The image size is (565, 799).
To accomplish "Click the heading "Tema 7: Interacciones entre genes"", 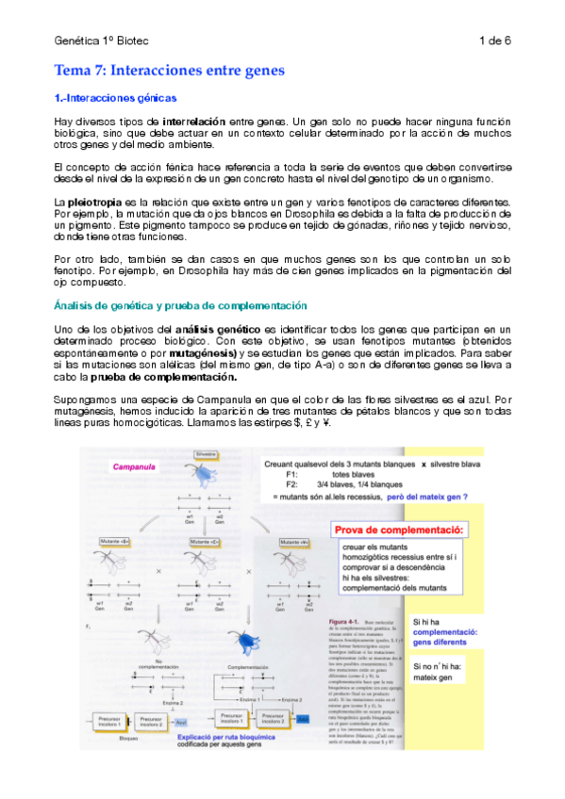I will (169, 71).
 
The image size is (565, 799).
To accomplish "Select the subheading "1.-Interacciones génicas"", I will (115, 98).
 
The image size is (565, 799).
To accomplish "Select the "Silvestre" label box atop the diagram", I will (207, 453).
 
